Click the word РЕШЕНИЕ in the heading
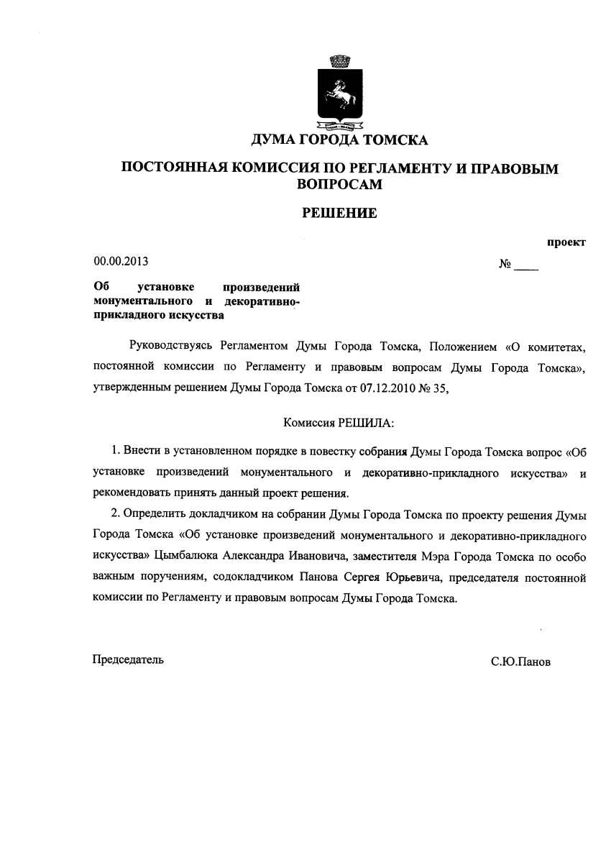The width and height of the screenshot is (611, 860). click(x=339, y=213)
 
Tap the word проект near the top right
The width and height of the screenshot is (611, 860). click(x=566, y=242)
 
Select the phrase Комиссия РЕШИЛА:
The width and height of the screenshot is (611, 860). click(x=339, y=423)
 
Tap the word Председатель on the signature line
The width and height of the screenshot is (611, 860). click(x=129, y=659)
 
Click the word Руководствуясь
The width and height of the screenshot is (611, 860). click(x=170, y=347)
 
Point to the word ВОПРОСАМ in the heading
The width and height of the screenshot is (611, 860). click(x=339, y=184)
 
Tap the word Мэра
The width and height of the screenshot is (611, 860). click(x=424, y=556)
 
